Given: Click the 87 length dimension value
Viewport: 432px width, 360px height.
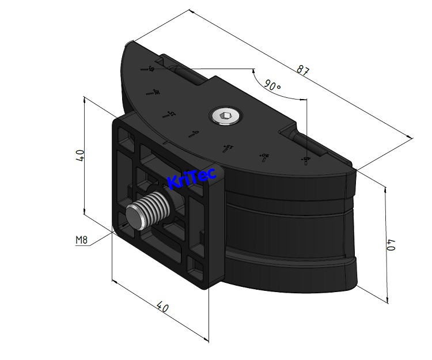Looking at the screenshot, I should point(304,71).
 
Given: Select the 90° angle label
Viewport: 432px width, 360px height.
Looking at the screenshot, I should point(273,85).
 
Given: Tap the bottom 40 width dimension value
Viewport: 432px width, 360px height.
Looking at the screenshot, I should point(164,308).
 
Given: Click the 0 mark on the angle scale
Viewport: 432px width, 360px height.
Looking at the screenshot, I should point(195,134).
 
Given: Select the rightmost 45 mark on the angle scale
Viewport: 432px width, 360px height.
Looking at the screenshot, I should point(304,161).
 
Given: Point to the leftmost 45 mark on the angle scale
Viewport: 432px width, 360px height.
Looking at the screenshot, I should point(151,70).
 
